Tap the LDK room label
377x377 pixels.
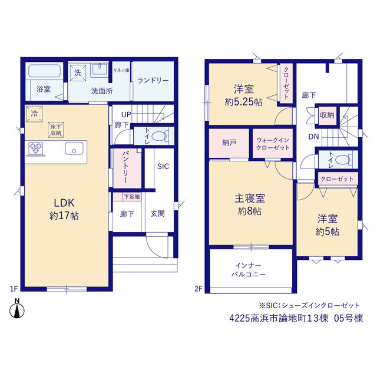click(x=64, y=203)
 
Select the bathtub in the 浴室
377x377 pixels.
click(x=45, y=71)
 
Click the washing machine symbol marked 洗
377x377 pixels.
click(x=78, y=72)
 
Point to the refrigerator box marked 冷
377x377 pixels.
click(x=34, y=114)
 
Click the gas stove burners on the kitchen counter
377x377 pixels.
click(x=36, y=148)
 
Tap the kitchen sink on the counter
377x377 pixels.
click(x=74, y=148)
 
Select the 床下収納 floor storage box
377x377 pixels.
click(x=56, y=130)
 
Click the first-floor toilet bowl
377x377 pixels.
click(x=159, y=136)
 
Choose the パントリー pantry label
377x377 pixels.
click(x=126, y=167)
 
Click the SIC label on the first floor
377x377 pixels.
click(x=163, y=166)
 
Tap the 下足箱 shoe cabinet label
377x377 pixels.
click(x=132, y=197)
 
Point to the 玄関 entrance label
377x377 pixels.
click(x=157, y=213)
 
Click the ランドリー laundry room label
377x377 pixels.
click(x=153, y=80)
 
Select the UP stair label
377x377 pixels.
click(x=126, y=115)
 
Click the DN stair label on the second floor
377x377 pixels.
click(x=313, y=137)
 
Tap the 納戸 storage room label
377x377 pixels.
click(x=229, y=143)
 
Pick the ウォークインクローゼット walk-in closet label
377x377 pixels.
click(x=273, y=144)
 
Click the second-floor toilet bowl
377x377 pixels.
click(x=342, y=160)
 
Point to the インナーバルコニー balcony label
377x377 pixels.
click(x=249, y=270)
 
